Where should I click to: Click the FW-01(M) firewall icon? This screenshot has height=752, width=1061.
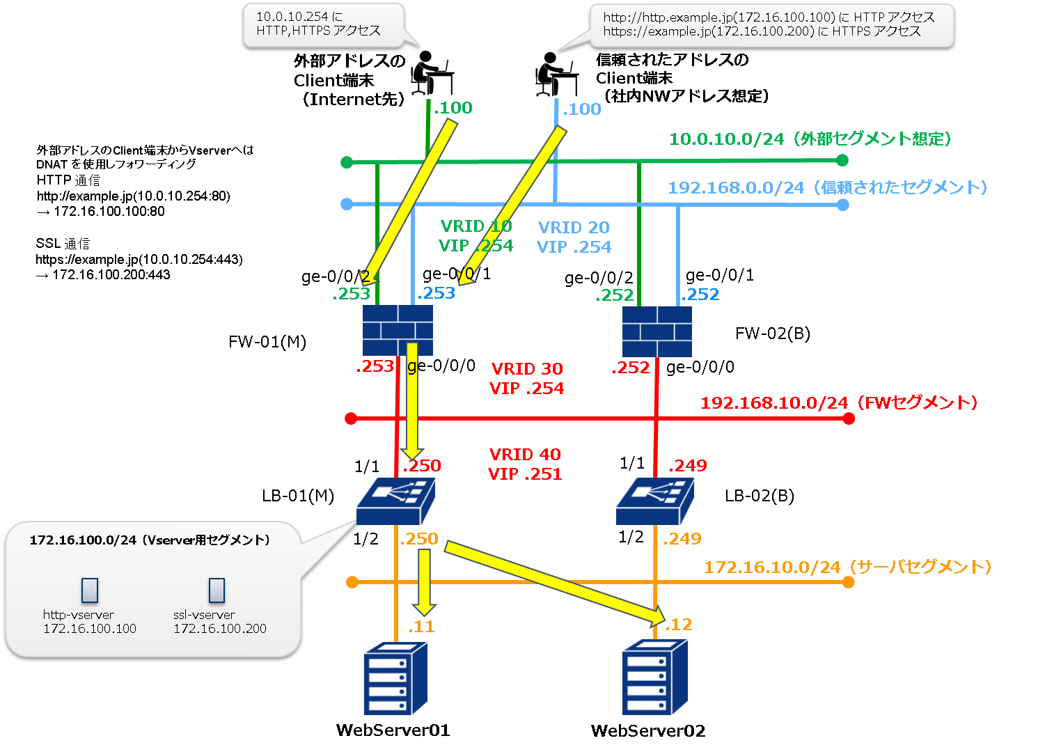[x=398, y=331]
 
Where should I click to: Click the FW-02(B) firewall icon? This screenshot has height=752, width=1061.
[x=657, y=331]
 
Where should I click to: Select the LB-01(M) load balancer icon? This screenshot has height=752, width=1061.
[x=395, y=501]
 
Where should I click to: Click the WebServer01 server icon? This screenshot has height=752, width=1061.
[x=395, y=678]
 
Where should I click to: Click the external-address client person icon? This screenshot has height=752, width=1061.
[x=432, y=72]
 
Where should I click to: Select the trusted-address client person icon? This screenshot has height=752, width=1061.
[x=556, y=74]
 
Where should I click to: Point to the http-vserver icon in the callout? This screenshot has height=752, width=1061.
[x=90, y=590]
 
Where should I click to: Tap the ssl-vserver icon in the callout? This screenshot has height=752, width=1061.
[x=217, y=590]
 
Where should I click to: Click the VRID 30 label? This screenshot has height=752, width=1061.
[x=527, y=369]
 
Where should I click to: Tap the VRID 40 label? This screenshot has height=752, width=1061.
[x=525, y=455]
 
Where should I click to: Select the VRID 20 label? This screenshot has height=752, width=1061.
[x=574, y=228]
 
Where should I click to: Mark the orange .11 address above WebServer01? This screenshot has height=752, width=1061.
[x=422, y=627]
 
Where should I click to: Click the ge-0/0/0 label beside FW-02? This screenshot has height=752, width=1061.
[x=700, y=367]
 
